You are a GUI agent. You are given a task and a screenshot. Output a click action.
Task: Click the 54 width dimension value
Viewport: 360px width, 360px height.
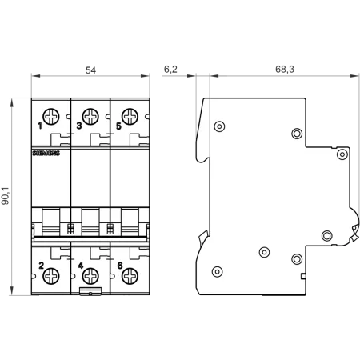click(90, 70)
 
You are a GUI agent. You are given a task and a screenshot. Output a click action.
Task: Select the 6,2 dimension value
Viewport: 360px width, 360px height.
click(170, 70)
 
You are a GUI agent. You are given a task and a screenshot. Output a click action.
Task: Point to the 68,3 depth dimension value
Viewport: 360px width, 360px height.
click(285, 70)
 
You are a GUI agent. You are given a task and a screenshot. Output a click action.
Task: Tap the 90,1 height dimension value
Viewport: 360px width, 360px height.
click(6, 196)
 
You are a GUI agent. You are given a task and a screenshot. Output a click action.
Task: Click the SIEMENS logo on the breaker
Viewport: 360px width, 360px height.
click(46, 153)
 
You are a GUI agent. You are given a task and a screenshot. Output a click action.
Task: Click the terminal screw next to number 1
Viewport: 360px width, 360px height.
click(51, 117)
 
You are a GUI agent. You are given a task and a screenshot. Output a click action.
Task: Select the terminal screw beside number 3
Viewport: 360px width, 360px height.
click(90, 117)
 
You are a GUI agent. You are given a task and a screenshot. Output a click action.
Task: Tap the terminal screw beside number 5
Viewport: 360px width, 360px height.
click(130, 117)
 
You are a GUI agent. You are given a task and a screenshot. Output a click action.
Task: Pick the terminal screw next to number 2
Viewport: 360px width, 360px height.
click(51, 276)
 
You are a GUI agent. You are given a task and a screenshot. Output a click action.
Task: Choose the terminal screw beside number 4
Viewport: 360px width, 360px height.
click(90, 276)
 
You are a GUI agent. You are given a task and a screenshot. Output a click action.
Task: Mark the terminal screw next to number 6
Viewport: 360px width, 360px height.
click(130, 276)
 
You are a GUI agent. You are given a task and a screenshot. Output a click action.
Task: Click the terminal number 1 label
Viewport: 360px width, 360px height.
click(40, 126)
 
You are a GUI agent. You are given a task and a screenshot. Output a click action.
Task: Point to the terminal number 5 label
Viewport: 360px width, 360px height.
click(118, 126)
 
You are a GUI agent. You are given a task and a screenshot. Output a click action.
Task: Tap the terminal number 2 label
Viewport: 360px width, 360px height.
click(41, 266)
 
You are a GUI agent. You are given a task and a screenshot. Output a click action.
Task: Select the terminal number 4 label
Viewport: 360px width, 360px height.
click(80, 266)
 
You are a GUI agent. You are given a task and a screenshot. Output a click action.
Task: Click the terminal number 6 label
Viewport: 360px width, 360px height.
click(120, 266)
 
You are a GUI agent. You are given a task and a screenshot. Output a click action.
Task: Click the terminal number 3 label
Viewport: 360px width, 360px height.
click(79, 126)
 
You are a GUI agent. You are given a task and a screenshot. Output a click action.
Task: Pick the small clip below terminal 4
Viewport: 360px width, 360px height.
click(90, 291)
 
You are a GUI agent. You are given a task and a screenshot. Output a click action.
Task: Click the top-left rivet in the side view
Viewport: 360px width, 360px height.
click(219, 126)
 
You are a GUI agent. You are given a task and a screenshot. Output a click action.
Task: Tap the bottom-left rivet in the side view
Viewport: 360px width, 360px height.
click(218, 272)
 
